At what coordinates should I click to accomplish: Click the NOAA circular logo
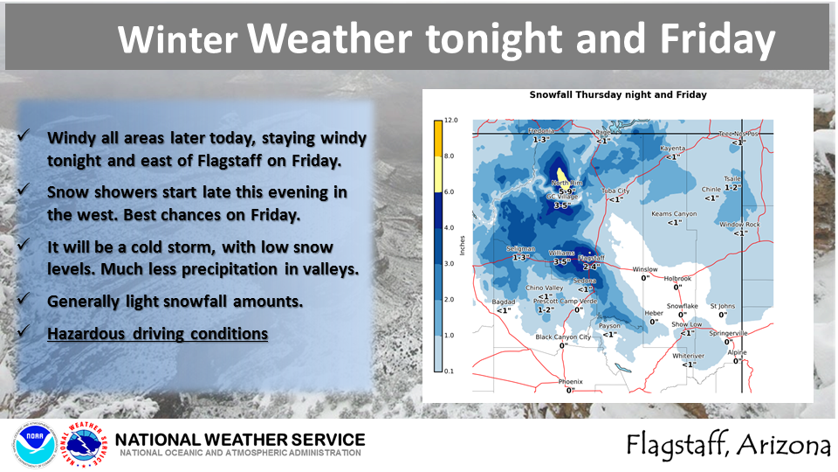[x=35, y=443]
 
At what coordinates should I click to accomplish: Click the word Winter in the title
[x=177, y=40]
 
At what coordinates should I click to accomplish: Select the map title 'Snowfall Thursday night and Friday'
[x=618, y=94]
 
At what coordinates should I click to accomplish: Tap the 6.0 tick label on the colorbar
[x=450, y=191]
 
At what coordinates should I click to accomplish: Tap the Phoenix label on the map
[x=572, y=382]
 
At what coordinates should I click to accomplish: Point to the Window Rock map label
[x=739, y=225]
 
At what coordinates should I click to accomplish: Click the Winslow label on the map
[x=645, y=269]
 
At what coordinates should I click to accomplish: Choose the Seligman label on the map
[x=521, y=249]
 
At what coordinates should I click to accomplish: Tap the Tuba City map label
[x=616, y=191]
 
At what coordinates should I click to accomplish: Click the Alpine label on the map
[x=738, y=353]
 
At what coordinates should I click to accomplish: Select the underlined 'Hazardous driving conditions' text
[x=157, y=333]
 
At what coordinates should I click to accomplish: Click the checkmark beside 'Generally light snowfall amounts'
[x=26, y=301]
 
